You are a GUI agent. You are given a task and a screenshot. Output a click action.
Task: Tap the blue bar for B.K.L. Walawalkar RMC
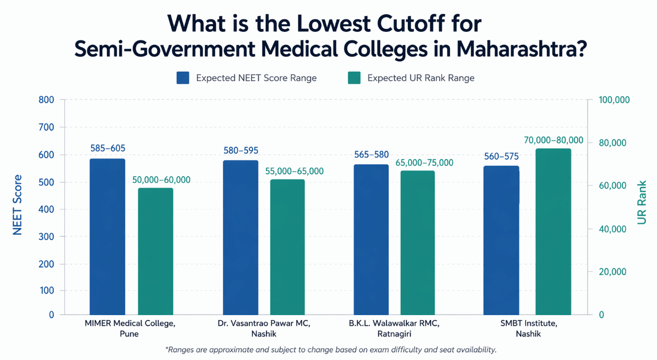pos(371,239)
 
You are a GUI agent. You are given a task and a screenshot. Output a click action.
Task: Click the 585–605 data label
pos(108,148)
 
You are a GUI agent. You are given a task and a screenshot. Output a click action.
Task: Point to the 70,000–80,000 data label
pos(553,141)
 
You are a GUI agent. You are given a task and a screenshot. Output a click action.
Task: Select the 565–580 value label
pos(371,154)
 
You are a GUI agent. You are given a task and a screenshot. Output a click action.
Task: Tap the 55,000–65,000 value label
pos(294,171)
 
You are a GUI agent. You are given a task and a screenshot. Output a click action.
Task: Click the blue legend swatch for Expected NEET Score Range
pos(183,78)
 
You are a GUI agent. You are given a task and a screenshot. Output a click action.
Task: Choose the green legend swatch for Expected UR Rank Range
pos(354,78)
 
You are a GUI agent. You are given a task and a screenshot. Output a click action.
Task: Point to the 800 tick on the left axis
pos(47,100)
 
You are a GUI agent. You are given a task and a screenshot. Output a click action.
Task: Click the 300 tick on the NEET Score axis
pos(47,236)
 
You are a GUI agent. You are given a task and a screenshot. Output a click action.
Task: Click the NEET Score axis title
pos(18,205)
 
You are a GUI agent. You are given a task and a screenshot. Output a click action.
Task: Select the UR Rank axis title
pos(642,202)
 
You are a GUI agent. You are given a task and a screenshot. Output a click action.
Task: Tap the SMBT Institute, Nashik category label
pos(528,328)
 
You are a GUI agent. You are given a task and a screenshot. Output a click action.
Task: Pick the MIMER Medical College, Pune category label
pos(130,328)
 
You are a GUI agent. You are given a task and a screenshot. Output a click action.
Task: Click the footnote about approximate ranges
pos(330,349)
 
